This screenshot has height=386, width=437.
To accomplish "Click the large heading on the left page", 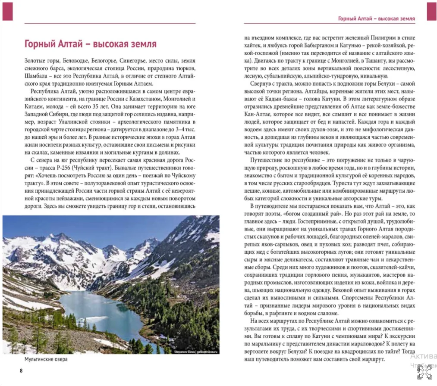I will click(90, 44).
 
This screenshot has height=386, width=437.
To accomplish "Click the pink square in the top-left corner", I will click(8, 11).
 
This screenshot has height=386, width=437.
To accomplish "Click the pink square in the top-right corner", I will click(431, 11).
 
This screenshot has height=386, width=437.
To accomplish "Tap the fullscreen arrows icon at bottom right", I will click(424, 371).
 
